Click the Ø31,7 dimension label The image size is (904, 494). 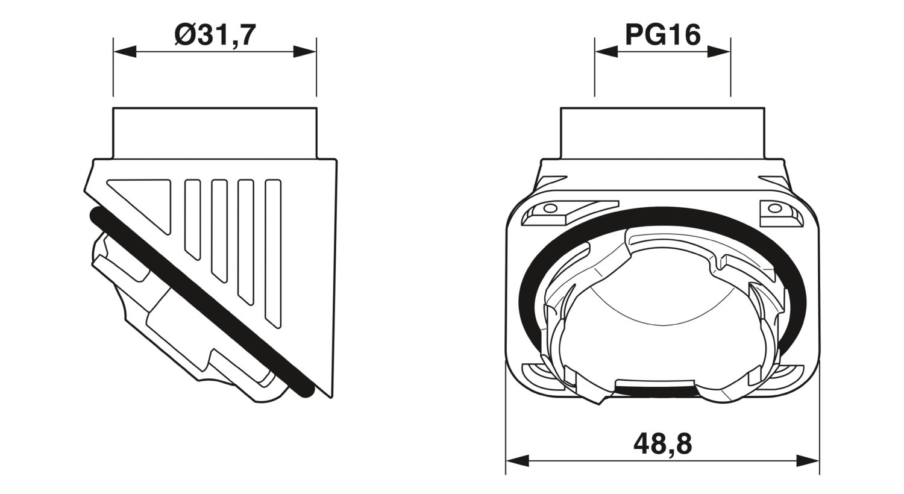215,36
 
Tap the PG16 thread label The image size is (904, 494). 662,36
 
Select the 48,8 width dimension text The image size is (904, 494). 662,445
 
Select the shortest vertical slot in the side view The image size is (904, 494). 192,217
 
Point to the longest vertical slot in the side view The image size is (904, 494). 273,253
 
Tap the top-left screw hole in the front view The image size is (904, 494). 549,209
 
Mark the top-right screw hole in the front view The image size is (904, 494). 774,209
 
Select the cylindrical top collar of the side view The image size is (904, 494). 215,133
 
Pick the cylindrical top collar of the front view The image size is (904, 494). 662,133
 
